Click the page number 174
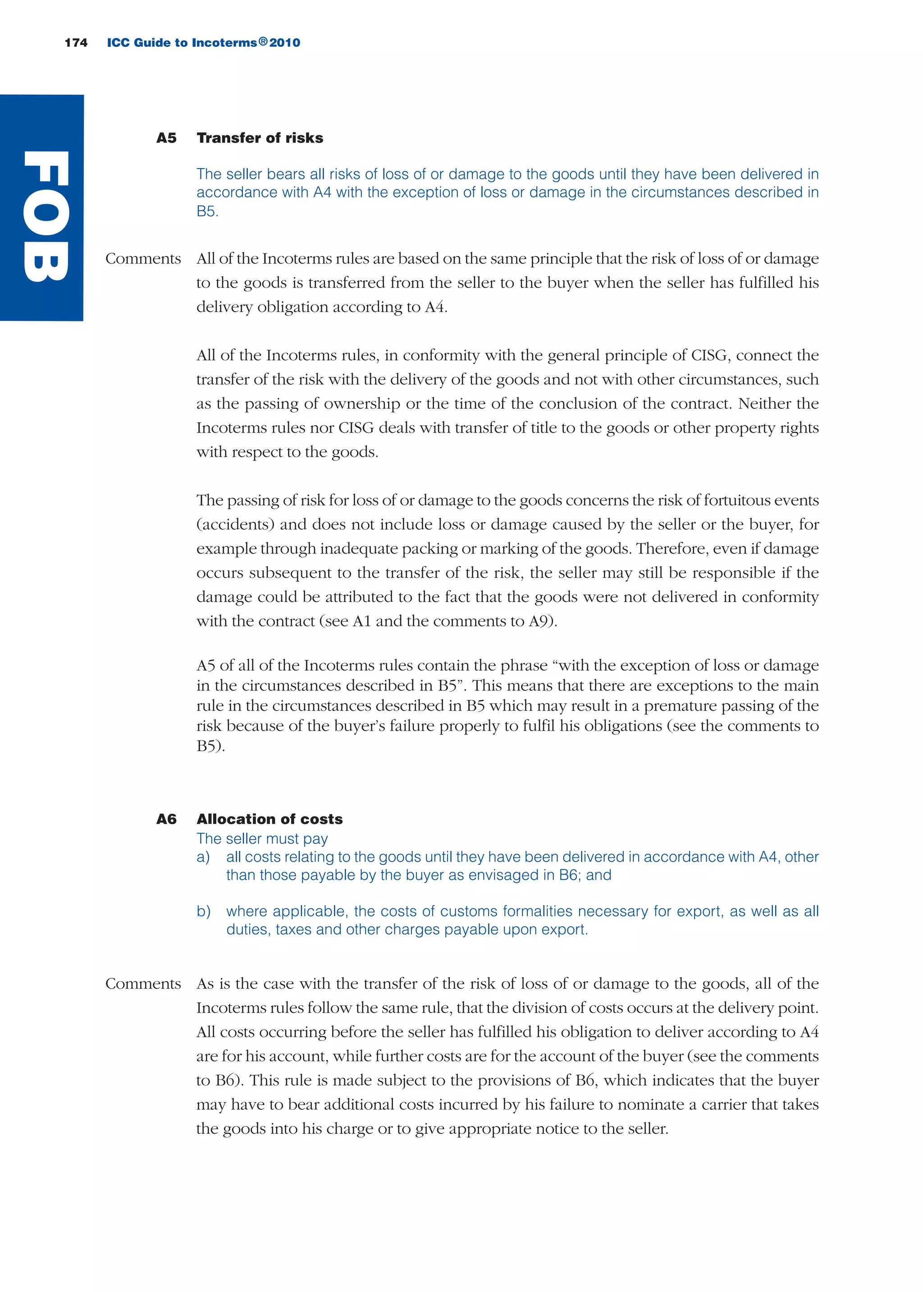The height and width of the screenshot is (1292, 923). coord(76,43)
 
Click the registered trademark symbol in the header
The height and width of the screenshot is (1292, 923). coord(263,41)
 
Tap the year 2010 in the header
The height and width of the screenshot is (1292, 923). coord(285,43)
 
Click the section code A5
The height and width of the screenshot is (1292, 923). coord(166,138)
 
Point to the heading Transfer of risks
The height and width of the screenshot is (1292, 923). coord(260,138)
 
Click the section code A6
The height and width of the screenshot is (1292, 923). coord(166,819)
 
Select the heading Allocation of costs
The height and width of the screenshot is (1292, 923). coord(270,819)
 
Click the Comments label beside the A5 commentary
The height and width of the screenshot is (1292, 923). coord(143,259)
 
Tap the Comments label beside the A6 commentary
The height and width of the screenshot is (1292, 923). coord(143,983)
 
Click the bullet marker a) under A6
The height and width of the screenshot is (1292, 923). coord(203,857)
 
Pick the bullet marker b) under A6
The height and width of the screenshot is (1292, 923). coord(203,911)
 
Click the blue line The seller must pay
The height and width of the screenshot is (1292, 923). coord(262,839)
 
